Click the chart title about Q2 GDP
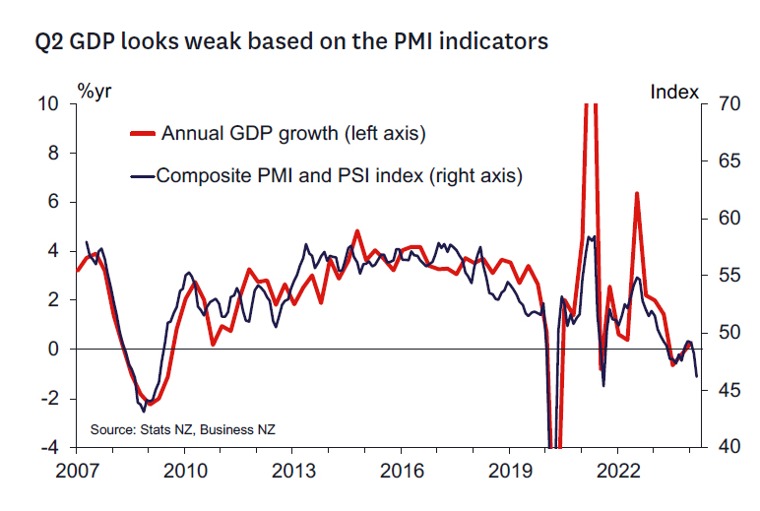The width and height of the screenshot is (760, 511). tap(291, 42)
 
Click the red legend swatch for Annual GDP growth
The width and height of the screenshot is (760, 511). tap(144, 132)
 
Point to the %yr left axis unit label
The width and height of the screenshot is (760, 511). tap(96, 92)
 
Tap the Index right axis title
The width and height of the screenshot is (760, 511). tap(674, 92)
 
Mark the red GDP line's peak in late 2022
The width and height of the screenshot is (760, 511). tap(637, 193)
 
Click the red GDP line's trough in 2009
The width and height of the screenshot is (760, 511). tap(150, 403)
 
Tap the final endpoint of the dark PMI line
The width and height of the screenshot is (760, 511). tap(697, 376)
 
